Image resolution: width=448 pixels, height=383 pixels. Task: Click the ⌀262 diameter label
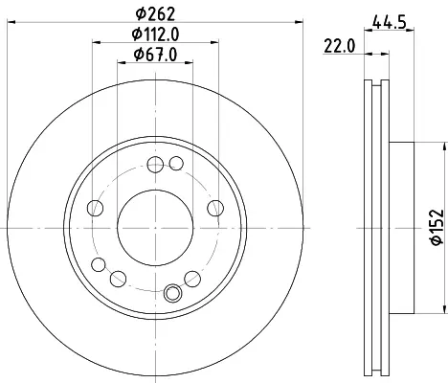click(155, 14)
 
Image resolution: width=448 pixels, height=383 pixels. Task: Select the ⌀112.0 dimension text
click(155, 34)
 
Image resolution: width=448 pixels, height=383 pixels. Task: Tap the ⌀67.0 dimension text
click(155, 55)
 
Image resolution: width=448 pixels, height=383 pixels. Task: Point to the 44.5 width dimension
click(389, 23)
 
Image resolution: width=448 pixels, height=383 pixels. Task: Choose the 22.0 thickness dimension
click(340, 46)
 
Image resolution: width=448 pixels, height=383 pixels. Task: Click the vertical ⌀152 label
click(437, 227)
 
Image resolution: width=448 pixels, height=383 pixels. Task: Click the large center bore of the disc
click(155, 228)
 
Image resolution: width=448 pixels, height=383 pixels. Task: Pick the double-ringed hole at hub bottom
click(172, 293)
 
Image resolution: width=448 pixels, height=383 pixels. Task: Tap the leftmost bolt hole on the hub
click(95, 208)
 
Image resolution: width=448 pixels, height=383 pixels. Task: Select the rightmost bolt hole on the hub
click(215, 208)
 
